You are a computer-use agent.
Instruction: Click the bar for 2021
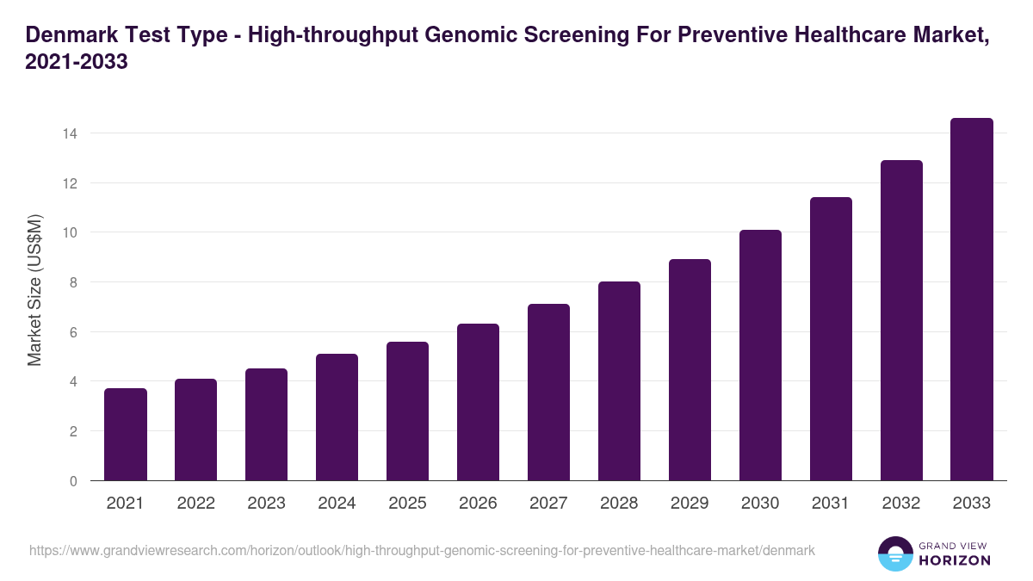126,435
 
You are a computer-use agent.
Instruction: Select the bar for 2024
337,417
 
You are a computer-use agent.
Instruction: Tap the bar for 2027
549,392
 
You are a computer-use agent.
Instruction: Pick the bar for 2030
761,355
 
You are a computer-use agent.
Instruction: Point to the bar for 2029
690,370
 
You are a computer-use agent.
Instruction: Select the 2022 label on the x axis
196,504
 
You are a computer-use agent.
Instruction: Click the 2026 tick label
479,504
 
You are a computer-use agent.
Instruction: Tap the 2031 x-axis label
832,504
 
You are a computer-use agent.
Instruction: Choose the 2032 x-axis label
902,504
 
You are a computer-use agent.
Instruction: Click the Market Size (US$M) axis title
34,290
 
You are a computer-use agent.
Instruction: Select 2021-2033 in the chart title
77,63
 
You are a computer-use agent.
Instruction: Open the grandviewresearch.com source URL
422,550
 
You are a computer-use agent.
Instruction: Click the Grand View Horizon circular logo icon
894,553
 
